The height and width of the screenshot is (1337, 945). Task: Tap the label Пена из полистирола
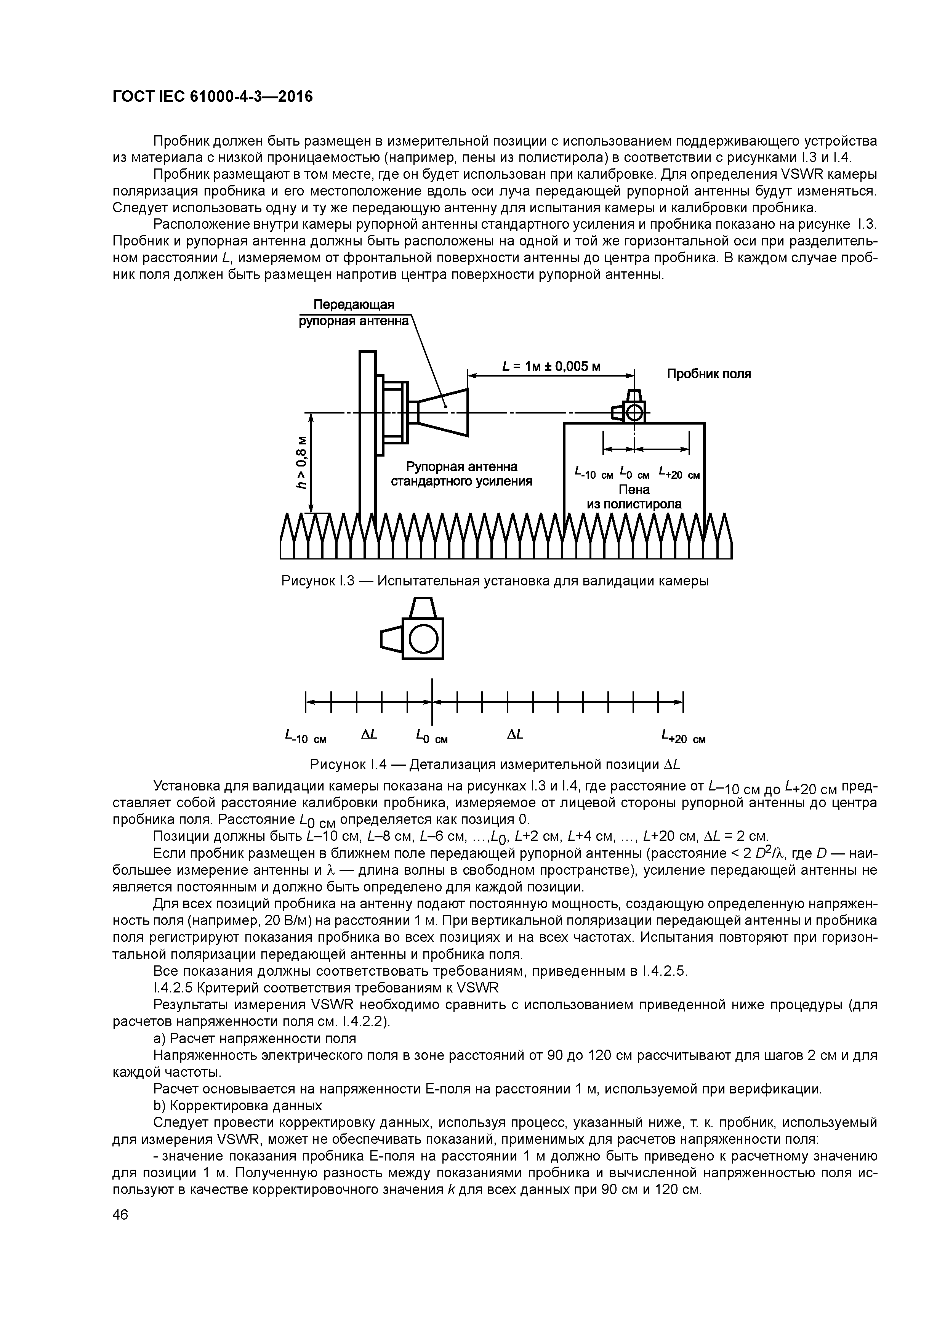(x=634, y=497)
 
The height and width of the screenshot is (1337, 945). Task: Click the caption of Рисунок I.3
(x=495, y=581)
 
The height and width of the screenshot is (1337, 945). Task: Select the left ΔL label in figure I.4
(x=368, y=735)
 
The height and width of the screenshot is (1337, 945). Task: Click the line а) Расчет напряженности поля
(x=254, y=1038)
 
